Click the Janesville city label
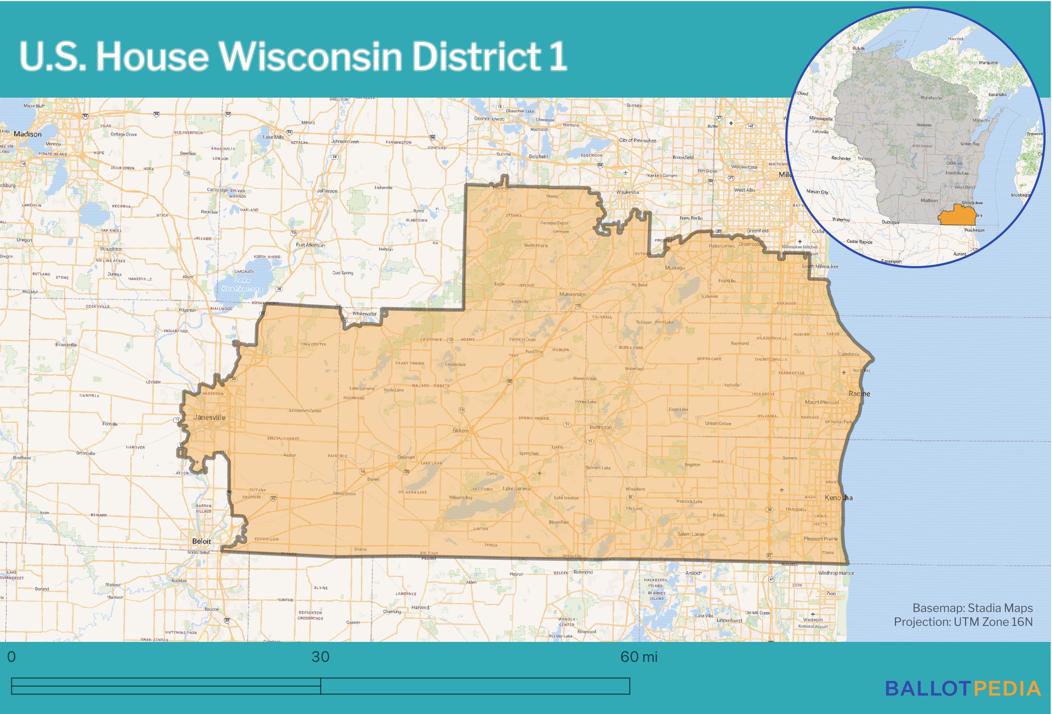point(209,417)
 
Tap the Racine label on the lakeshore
point(859,394)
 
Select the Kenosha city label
point(838,498)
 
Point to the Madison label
point(27,134)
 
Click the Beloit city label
point(201,542)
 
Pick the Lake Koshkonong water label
point(242,285)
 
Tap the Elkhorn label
point(460,431)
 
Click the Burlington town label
point(600,427)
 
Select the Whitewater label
point(364,314)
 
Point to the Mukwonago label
point(573,294)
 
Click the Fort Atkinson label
point(310,245)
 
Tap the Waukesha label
point(627,192)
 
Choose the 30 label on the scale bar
point(320,657)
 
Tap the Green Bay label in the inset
point(970,144)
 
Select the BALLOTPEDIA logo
point(963,689)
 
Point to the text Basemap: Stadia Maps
point(972,608)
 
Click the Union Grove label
point(718,423)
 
